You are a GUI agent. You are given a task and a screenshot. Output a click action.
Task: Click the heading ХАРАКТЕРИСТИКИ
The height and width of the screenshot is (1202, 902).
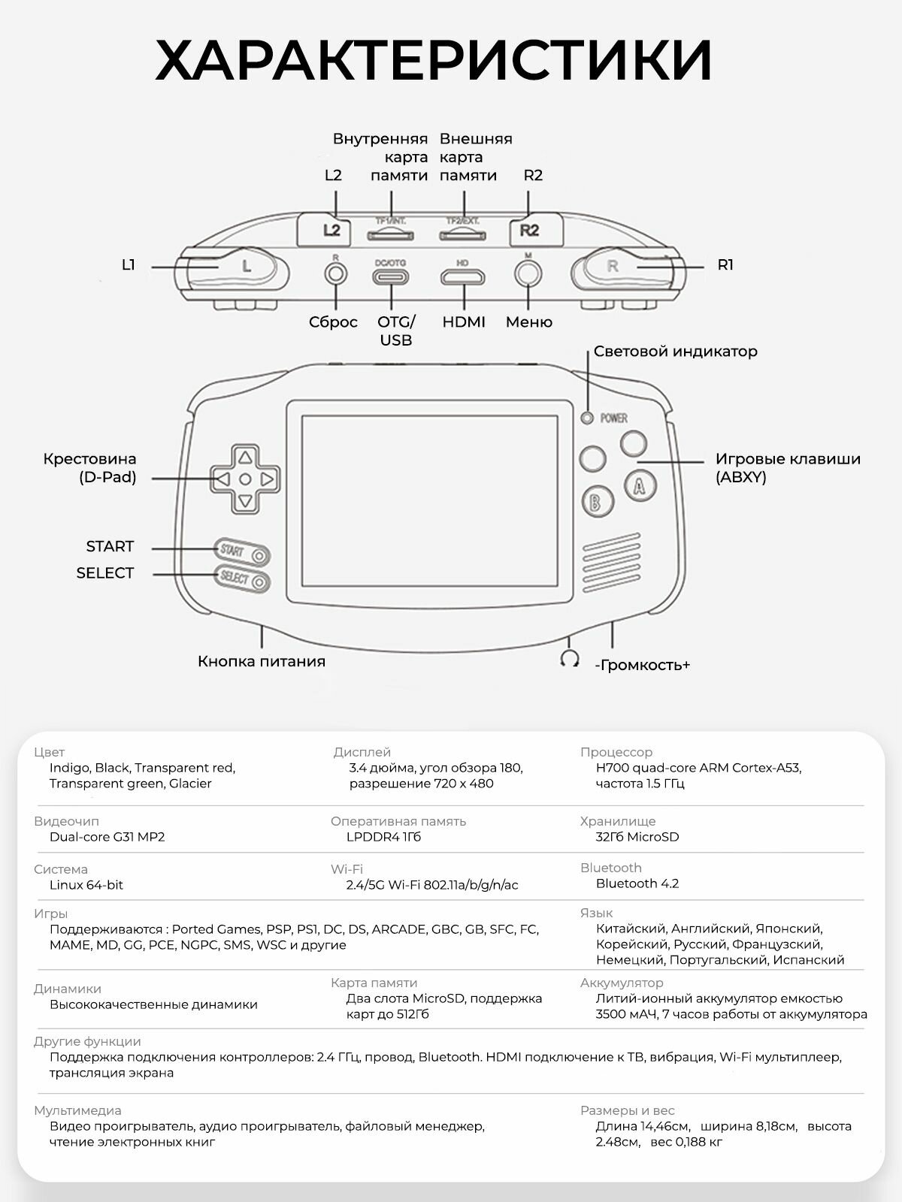434,60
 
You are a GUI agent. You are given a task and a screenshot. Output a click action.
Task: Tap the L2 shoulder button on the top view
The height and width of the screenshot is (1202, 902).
332,230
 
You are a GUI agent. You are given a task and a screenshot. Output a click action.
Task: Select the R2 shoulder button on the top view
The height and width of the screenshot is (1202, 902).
529,230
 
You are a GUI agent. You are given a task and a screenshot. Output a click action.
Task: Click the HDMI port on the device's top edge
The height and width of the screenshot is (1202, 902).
462,278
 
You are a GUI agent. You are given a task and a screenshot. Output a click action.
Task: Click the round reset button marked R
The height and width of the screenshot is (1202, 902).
335,273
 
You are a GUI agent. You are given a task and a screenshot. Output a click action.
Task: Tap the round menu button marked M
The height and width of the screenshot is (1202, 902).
528,273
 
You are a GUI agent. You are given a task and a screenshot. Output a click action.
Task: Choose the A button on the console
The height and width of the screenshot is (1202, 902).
640,485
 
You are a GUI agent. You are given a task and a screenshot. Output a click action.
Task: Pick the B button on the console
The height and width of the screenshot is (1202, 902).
596,502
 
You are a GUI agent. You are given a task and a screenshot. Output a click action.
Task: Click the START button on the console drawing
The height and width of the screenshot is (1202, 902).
242,552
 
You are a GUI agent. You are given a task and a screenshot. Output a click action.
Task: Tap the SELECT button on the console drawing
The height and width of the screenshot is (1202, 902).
243,578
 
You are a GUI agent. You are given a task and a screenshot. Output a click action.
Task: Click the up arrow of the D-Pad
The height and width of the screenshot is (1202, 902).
245,456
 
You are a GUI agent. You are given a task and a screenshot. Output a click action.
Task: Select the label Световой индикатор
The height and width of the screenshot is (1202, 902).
675,351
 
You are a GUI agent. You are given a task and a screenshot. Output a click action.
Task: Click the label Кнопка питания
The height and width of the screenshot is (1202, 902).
262,661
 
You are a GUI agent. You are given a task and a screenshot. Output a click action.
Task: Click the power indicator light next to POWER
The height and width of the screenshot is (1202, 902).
588,418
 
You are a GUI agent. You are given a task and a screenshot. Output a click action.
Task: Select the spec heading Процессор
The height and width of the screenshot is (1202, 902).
616,752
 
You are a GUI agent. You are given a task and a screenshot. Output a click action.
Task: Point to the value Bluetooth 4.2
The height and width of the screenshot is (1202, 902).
637,883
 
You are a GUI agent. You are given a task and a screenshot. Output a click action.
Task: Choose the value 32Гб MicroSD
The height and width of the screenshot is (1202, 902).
637,837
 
